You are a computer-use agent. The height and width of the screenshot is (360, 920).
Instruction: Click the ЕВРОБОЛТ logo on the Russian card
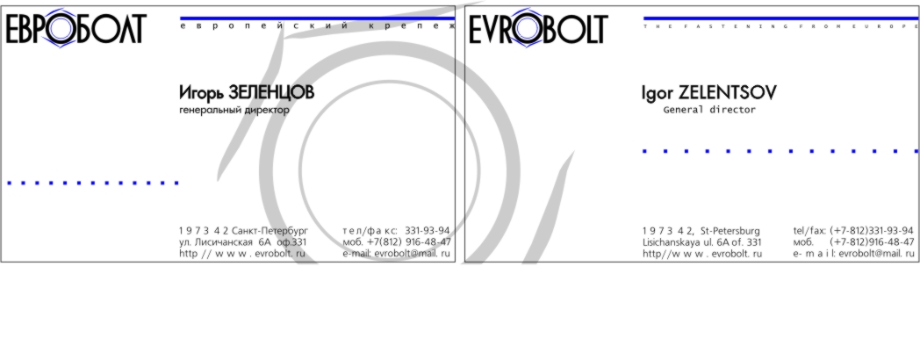(75, 28)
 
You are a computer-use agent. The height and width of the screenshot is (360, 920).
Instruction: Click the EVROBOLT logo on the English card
(538, 28)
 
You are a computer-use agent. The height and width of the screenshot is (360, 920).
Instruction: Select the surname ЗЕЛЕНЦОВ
(270, 92)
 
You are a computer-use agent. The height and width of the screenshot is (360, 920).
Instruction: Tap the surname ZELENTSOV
(728, 92)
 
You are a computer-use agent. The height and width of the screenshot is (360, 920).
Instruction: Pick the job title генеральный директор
(234, 111)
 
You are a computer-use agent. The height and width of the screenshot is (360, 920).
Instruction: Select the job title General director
(709, 110)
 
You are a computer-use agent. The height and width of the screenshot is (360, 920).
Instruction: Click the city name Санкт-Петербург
(270, 231)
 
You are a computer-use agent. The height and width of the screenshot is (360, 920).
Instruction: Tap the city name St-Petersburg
(730, 231)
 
